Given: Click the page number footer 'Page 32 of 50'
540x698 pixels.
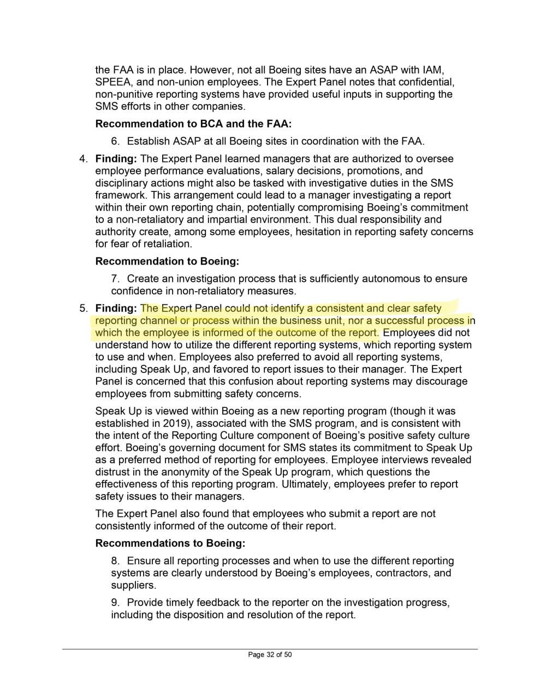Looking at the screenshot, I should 270,654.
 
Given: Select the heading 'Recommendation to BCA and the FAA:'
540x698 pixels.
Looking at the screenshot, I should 197,124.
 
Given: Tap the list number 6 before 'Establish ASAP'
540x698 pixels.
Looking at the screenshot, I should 115,141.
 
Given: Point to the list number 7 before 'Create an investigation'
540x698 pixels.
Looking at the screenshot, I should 115,279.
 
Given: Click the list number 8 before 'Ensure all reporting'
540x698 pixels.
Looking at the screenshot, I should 115,561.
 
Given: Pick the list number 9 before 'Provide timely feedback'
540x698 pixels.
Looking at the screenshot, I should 115,603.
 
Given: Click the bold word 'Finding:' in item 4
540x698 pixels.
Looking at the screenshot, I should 116,159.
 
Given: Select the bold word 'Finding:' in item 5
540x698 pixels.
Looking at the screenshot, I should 116,308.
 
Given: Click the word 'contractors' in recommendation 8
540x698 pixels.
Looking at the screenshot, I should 392,573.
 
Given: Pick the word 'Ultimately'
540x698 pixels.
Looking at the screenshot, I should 305,484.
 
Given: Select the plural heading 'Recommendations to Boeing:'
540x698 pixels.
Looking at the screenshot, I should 170,543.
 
